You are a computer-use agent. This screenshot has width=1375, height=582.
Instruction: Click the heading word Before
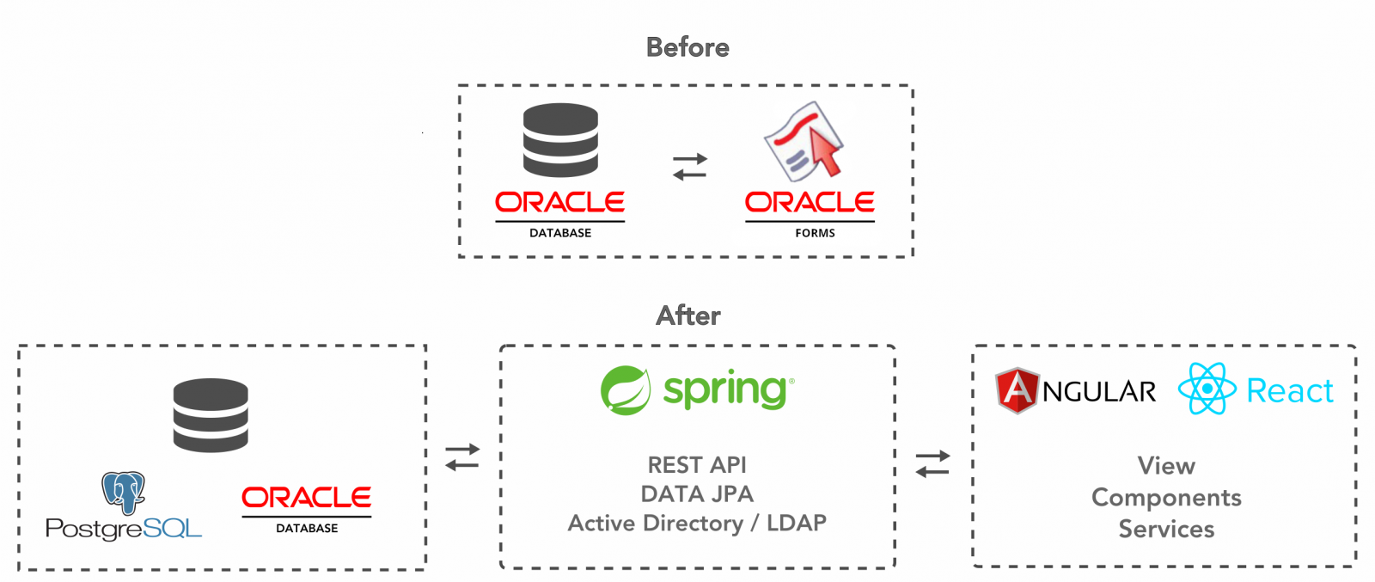coord(687,47)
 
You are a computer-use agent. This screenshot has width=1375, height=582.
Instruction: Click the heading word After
coord(688,316)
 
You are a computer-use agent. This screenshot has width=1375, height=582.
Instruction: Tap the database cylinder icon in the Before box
coord(560,140)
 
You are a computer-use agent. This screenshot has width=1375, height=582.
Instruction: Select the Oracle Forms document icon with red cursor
coord(804,141)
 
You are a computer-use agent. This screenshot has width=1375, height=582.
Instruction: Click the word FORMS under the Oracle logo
coord(816,233)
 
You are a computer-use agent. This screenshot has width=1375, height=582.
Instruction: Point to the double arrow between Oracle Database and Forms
coord(690,167)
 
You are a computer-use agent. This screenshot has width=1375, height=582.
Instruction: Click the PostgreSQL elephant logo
coord(124,493)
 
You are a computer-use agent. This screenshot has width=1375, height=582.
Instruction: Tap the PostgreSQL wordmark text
coord(124,529)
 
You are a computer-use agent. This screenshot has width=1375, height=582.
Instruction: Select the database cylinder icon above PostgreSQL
coord(211,415)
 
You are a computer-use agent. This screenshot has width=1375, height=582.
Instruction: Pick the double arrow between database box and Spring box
coord(462,457)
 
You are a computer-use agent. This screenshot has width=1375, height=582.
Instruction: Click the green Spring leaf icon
coord(626,390)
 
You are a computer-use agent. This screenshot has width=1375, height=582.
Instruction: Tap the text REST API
coord(697,465)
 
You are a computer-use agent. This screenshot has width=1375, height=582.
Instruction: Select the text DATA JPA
coord(697,494)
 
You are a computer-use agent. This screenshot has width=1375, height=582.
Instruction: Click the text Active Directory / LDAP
coord(697,523)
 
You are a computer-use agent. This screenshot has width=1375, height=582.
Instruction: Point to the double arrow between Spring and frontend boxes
coord(932,464)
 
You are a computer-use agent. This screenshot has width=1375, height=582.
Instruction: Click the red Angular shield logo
coord(1017,390)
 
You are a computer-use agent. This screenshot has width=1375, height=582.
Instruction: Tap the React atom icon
coord(1207,389)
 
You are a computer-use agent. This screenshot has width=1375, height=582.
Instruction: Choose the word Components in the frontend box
coord(1166,498)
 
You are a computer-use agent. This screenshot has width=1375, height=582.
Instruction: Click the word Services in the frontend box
coord(1166,530)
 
